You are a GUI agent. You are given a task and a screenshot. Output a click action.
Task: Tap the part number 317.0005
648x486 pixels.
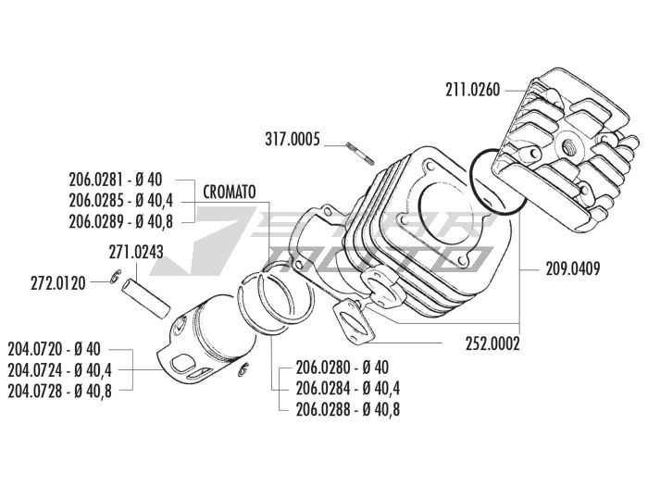(x=291, y=141)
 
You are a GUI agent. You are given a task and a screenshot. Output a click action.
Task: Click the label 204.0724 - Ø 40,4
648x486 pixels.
(x=59, y=370)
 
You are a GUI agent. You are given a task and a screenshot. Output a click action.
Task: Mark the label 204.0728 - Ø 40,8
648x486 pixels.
(x=59, y=391)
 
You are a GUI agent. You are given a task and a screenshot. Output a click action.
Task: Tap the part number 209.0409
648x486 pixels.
(x=573, y=270)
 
